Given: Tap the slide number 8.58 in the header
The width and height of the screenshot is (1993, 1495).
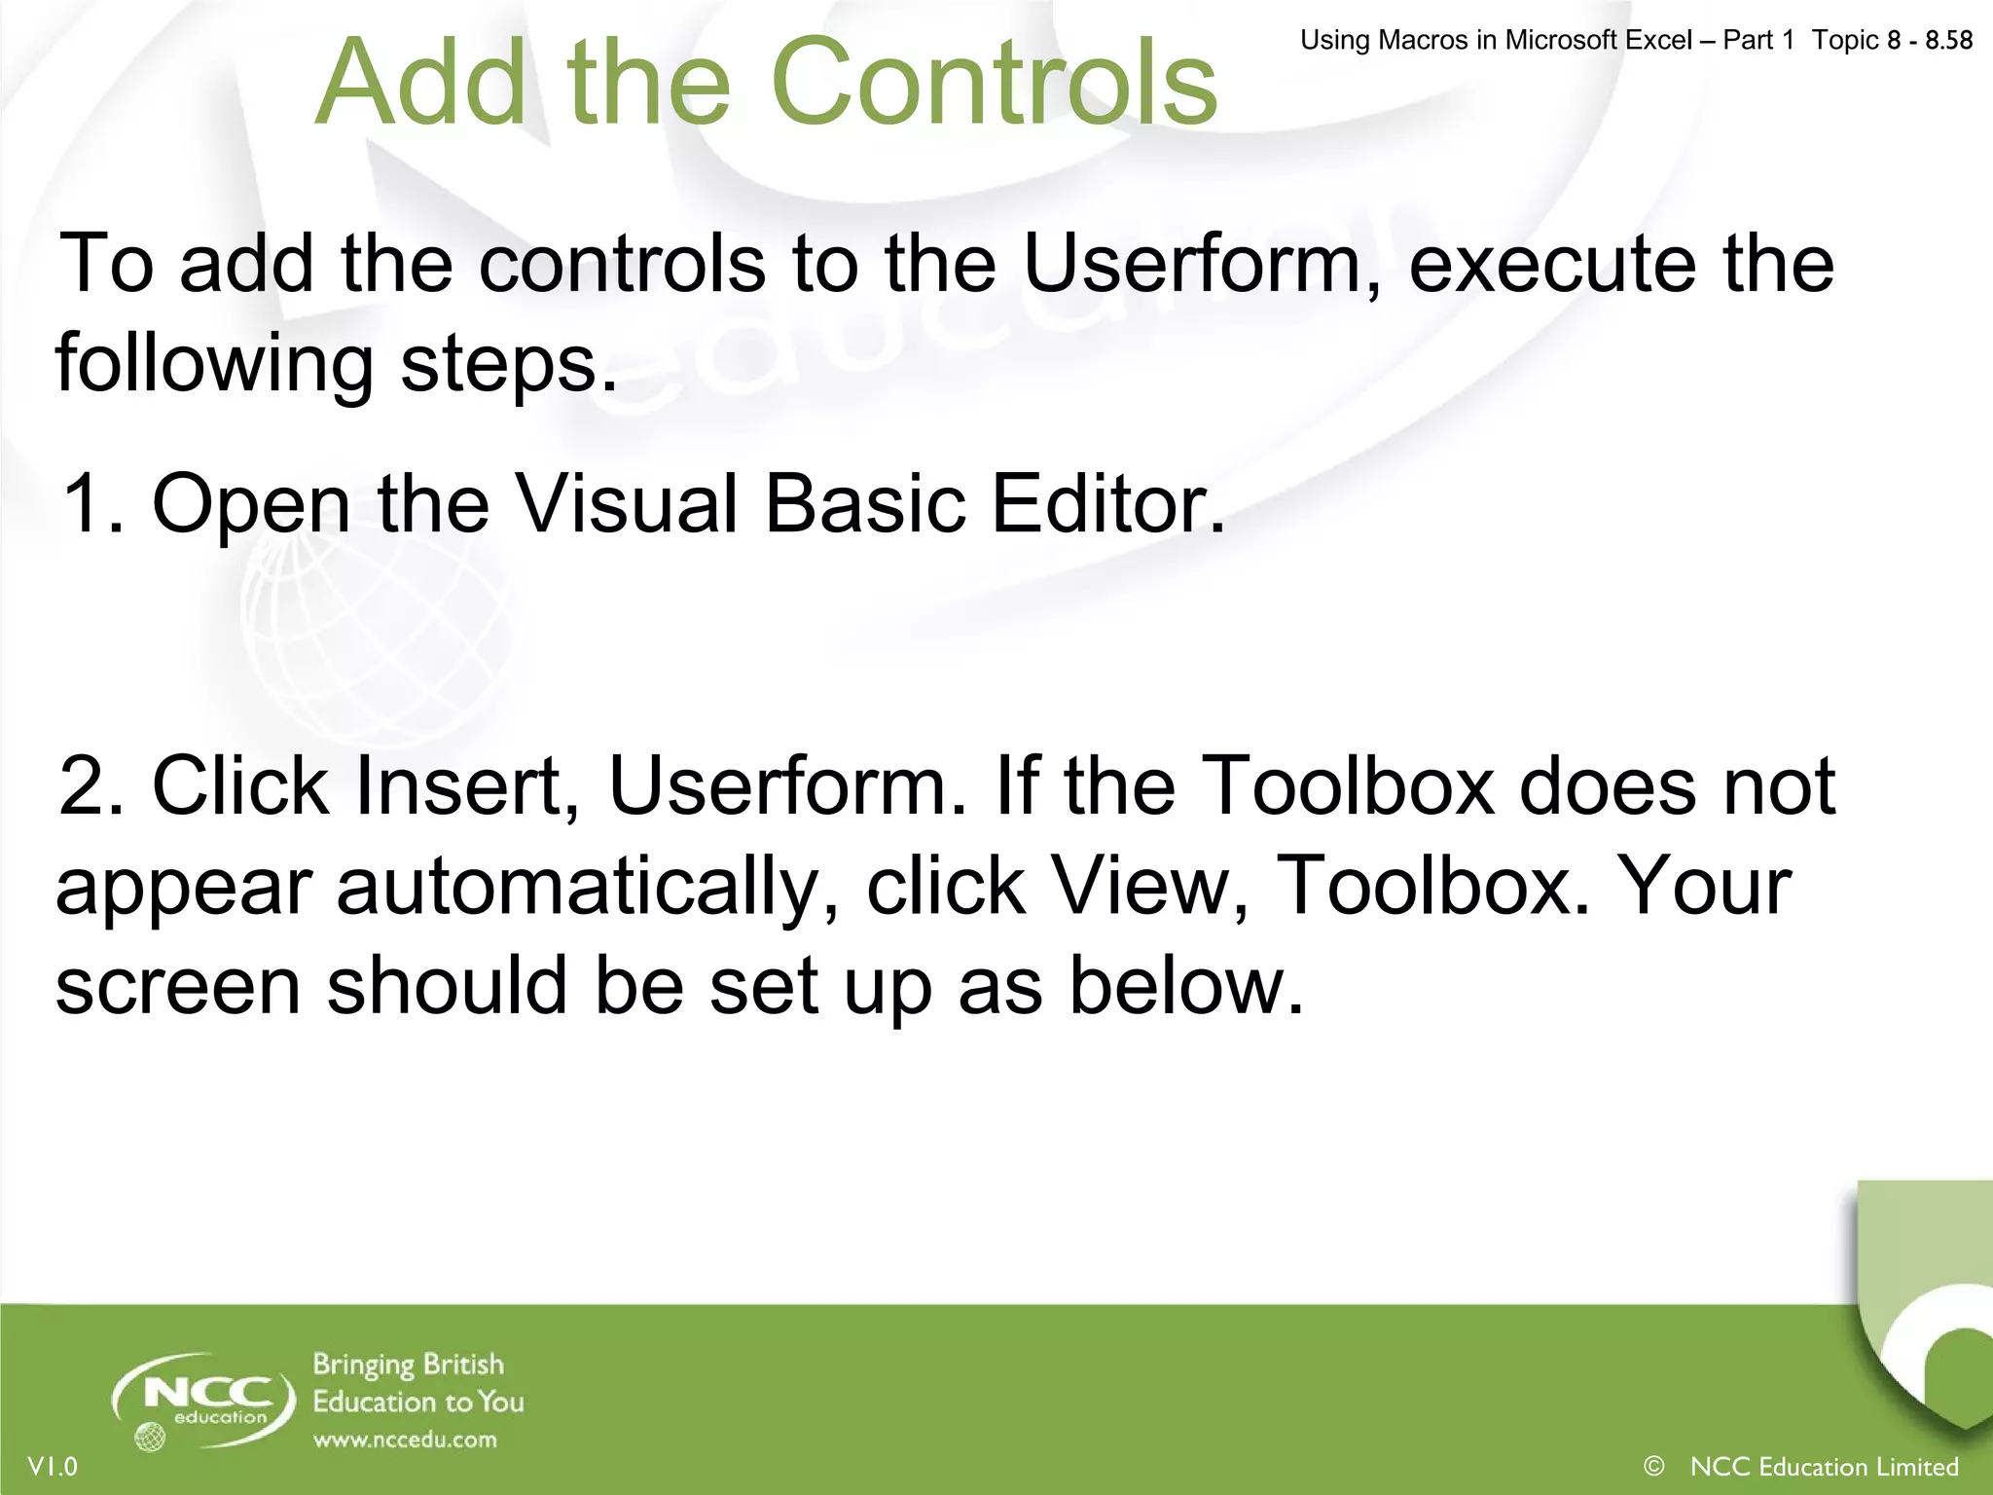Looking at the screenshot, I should click(1948, 41).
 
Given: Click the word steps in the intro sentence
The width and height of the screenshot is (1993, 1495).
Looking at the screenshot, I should click(508, 364).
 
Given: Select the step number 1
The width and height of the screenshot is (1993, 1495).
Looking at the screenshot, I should click(90, 504).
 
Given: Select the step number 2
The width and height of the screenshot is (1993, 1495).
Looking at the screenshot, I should click(90, 786).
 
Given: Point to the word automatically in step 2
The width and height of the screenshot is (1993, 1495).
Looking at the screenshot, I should click(585, 888).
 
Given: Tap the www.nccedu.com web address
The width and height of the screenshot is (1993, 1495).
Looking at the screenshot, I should click(405, 1440).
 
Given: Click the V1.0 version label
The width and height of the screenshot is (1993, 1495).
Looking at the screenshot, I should click(53, 1466).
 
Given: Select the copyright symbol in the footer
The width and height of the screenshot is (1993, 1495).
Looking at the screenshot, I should click(1653, 1466).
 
